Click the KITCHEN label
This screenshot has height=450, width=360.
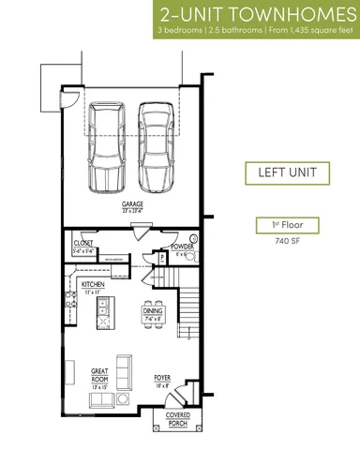point(92,284)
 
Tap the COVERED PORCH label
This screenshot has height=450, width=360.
point(178,418)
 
